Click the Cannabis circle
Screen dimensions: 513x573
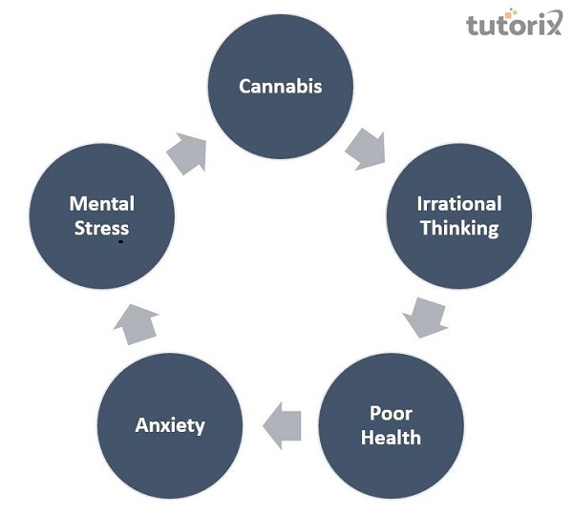pos(281,86)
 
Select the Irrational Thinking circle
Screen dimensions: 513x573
pos(458,215)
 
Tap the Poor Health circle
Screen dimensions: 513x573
pos(390,425)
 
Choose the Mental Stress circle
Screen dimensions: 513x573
pos(101,215)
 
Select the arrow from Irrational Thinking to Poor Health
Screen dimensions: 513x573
pos(424,317)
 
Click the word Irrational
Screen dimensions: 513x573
pos(458,204)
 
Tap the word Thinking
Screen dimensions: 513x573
pos(458,228)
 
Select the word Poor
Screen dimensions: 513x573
pos(390,414)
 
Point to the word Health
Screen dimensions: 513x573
pos(390,438)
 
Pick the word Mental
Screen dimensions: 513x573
pos(101,204)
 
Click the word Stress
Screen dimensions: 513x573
pos(101,228)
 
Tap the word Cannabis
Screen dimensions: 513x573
pos(281,86)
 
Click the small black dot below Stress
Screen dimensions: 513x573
pos(121,242)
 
